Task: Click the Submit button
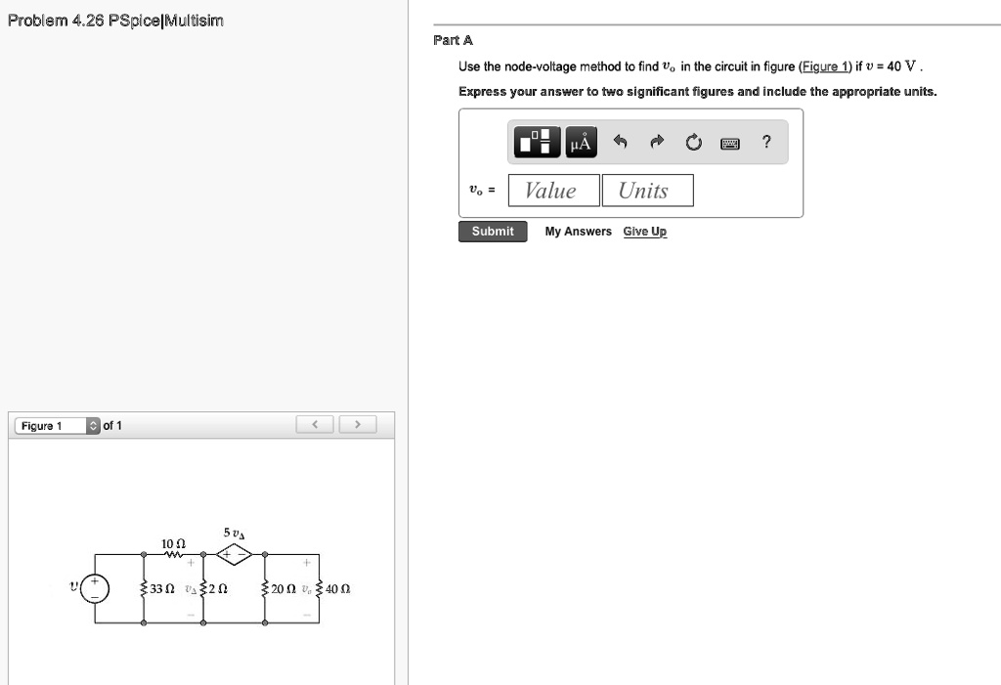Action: click(493, 232)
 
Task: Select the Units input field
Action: click(646, 191)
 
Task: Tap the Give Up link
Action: click(645, 232)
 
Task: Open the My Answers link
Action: click(578, 232)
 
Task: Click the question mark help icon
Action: click(767, 143)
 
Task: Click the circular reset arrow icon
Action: click(694, 144)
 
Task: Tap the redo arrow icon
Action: click(656, 143)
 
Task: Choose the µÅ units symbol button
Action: click(581, 144)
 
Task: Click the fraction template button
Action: click(538, 143)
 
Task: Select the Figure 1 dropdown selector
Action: click(57, 426)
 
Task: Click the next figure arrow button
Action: click(358, 425)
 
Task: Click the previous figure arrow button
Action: click(315, 425)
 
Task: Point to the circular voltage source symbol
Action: click(96, 588)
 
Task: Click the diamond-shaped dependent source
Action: click(235, 555)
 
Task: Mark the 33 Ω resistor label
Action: click(162, 589)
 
